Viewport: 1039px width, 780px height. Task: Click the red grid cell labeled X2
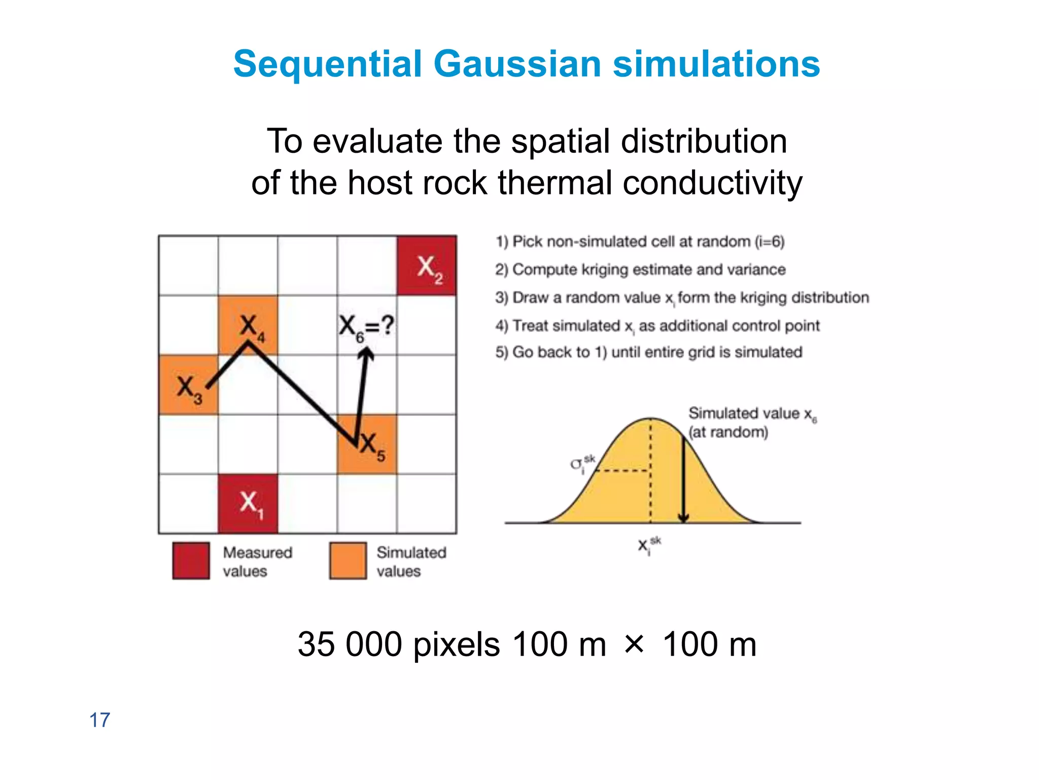tap(427, 266)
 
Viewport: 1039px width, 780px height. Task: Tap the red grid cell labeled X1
tap(248, 503)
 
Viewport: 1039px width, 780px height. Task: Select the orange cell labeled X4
tap(248, 325)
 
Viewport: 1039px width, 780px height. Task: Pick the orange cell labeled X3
tap(188, 384)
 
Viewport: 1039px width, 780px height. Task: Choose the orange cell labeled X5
tap(367, 444)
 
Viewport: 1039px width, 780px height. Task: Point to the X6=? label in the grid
tap(366, 326)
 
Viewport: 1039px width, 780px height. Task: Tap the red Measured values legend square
tap(191, 561)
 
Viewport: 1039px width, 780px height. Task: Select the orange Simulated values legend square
tap(348, 561)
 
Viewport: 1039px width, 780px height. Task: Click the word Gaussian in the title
tap(517, 64)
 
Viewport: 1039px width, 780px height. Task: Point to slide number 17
tap(99, 720)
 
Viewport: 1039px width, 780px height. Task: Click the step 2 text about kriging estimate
tap(640, 269)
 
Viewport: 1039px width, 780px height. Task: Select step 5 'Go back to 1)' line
tap(649, 352)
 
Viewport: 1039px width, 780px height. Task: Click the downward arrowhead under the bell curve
tap(683, 518)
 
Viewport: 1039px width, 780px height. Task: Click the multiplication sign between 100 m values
tap(634, 643)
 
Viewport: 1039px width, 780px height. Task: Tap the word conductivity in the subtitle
tap(712, 182)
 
